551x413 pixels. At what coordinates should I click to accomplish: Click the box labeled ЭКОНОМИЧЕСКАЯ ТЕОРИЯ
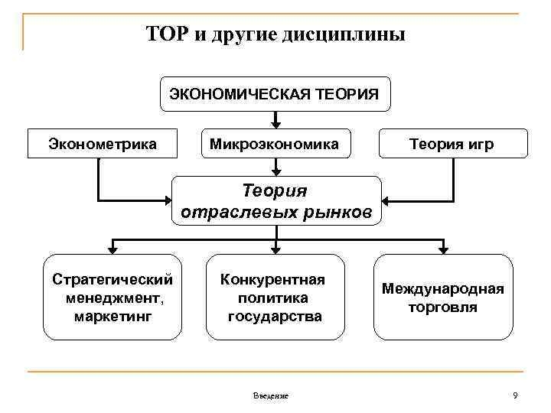click(x=275, y=95)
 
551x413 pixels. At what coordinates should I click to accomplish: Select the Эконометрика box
click(x=102, y=143)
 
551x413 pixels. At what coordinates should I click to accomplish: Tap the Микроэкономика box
click(x=275, y=143)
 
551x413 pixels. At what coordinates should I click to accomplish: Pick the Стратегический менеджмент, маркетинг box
click(x=112, y=297)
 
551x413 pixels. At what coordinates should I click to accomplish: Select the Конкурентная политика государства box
click(x=275, y=297)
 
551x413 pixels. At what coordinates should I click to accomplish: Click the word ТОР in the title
click(x=164, y=35)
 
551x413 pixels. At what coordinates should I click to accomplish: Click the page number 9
click(x=515, y=395)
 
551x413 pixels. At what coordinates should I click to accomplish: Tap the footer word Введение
click(x=270, y=395)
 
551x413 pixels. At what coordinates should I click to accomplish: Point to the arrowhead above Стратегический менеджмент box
click(x=112, y=248)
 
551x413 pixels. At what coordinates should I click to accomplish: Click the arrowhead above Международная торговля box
click(x=442, y=248)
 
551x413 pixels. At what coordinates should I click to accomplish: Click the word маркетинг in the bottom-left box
click(x=112, y=315)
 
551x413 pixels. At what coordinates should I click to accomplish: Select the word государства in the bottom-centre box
click(x=275, y=315)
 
